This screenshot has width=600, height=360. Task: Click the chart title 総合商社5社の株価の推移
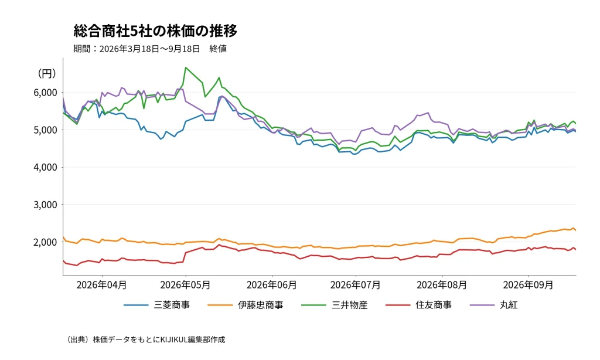click(155, 31)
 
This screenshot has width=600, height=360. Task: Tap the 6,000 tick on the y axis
click(45, 93)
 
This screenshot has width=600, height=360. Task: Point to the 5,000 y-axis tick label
click(45, 130)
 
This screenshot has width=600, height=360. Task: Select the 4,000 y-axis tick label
click(45, 167)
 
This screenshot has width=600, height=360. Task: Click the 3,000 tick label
click(45, 205)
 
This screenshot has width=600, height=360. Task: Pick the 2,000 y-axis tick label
click(45, 242)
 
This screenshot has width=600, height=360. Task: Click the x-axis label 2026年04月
click(102, 285)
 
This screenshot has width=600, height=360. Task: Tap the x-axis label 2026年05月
click(186, 285)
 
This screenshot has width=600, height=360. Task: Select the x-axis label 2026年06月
click(272, 285)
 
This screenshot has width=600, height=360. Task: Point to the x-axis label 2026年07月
click(356, 285)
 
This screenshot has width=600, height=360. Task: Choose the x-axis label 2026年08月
click(442, 285)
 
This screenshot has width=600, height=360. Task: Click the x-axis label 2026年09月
click(529, 285)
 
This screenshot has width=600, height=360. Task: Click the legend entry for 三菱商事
click(157, 305)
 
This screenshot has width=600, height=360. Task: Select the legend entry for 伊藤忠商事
click(246, 305)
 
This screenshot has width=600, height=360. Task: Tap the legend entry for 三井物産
click(335, 305)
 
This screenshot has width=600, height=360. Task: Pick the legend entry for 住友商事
click(418, 305)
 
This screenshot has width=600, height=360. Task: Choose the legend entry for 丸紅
click(493, 305)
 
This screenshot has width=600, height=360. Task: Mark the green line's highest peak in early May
click(186, 67)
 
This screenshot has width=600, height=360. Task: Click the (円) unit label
click(47, 73)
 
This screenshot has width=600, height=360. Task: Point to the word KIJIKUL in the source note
click(174, 339)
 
